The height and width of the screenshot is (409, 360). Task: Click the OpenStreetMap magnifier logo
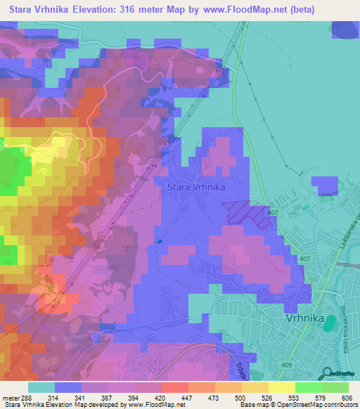pyautogui.click(x=328, y=374)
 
